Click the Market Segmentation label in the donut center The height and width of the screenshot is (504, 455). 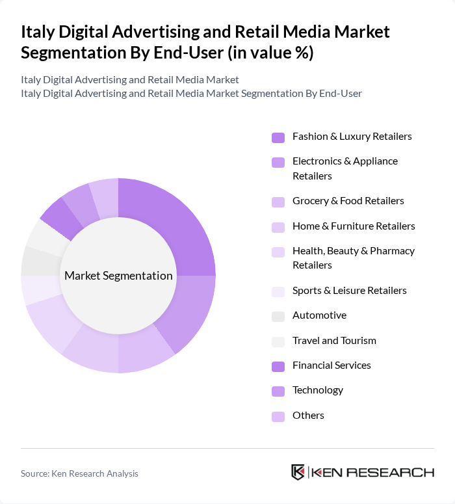[x=118, y=276]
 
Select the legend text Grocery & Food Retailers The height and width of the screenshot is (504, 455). [x=348, y=201]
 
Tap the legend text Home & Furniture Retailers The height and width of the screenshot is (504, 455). [x=354, y=226]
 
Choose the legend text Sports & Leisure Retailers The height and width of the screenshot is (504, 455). [x=349, y=291]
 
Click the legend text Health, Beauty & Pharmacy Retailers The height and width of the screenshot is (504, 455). [x=353, y=258]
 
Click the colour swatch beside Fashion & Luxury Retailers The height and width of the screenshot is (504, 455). [x=278, y=137]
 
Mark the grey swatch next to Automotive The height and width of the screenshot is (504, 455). [x=278, y=316]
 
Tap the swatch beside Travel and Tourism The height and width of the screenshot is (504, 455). [x=278, y=341]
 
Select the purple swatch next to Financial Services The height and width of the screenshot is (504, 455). [x=278, y=366]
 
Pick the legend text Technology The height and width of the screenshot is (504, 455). [x=317, y=390]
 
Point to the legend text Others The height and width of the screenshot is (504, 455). [x=308, y=416]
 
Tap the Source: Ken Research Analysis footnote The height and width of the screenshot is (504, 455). [x=79, y=473]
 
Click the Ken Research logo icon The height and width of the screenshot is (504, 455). [x=298, y=472]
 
